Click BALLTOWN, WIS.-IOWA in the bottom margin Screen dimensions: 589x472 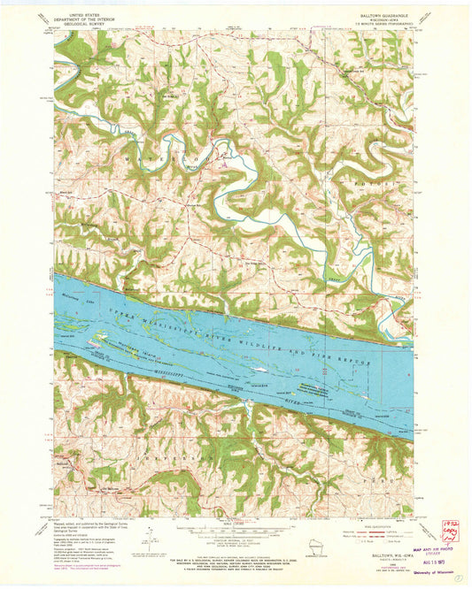point(383,555)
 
